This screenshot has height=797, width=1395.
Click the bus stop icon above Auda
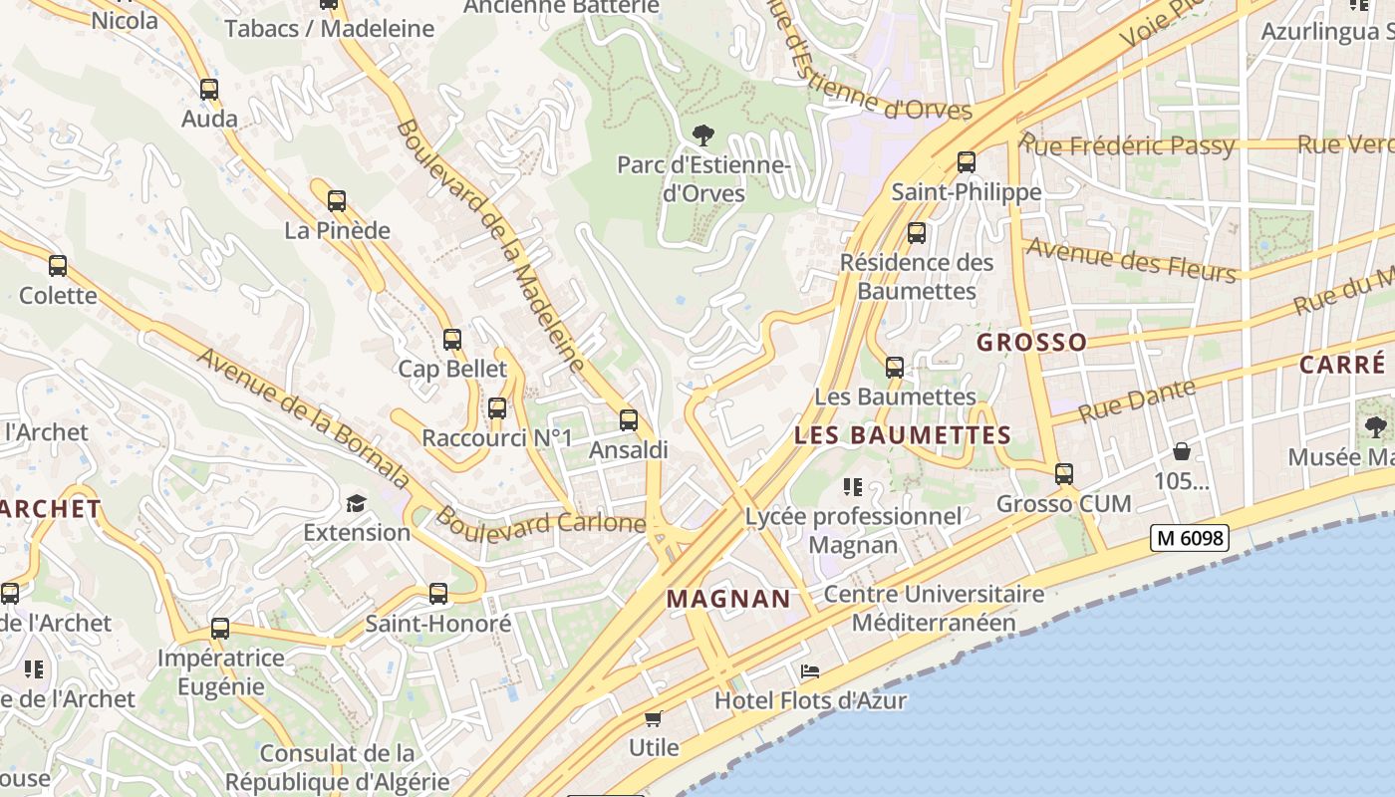point(208,90)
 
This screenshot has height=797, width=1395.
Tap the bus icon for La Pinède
point(337,201)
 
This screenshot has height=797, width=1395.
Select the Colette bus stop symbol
point(58,266)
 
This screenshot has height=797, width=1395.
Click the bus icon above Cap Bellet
point(452,340)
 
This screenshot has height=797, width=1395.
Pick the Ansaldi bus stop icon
point(628,420)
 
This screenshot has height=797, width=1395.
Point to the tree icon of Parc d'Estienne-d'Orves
point(703,135)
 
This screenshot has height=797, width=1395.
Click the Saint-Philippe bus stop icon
point(966,161)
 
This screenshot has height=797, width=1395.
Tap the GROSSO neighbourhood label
point(1031,343)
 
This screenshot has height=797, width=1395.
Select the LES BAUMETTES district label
point(903,435)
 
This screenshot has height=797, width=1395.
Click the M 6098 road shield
point(1189,538)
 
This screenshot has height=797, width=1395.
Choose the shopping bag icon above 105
point(1181,451)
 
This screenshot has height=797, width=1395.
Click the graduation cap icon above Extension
point(356,503)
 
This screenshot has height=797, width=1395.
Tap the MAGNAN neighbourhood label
point(728,599)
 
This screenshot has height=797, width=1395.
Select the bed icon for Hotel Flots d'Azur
point(810,671)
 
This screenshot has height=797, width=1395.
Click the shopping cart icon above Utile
point(654,718)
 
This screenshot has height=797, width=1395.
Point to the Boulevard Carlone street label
point(541,521)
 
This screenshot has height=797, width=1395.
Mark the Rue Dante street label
point(1136,400)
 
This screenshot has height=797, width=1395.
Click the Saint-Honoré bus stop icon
point(437,595)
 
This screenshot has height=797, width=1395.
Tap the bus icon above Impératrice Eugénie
point(220,630)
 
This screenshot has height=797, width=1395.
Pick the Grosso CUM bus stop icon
point(1064,474)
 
